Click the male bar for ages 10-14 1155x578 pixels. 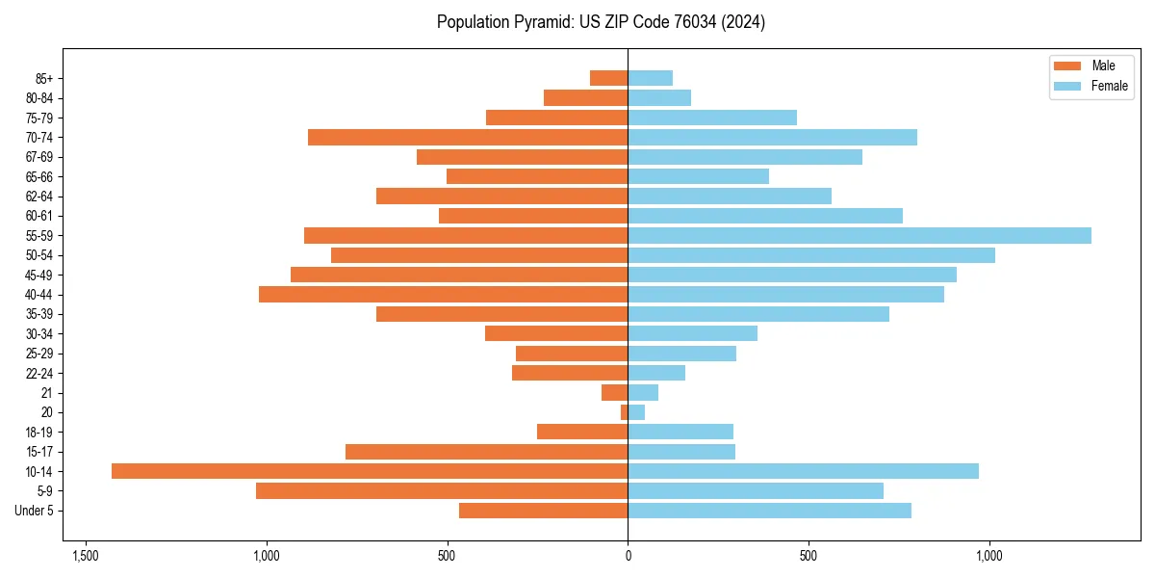point(370,471)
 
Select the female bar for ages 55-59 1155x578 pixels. point(860,235)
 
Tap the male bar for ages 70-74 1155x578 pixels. point(468,137)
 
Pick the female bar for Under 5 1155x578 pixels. point(769,511)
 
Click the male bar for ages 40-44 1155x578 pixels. point(443,294)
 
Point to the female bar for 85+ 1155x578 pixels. point(650,78)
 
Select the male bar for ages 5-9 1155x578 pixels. point(442,491)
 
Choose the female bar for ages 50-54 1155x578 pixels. point(811,255)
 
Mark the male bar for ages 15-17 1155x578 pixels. point(486,452)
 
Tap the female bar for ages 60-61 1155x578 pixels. point(765,216)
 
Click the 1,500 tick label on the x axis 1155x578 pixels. point(85,556)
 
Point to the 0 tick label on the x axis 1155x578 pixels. point(628,556)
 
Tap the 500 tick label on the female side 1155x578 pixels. point(808,556)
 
